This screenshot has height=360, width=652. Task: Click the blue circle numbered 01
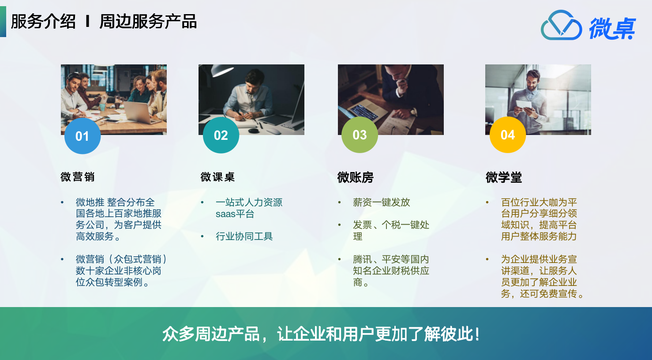point(82,136)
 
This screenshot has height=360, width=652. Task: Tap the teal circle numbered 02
point(221,135)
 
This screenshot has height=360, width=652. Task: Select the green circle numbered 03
point(360,135)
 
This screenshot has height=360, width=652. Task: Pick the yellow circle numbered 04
point(508,135)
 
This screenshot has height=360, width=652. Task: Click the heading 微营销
point(78,177)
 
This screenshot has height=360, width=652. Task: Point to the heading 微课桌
point(217,177)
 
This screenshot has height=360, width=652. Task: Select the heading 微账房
point(355,177)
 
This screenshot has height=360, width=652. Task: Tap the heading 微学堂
point(503,177)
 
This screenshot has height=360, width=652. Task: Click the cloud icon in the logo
point(561,25)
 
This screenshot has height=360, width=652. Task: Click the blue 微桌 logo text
point(612,28)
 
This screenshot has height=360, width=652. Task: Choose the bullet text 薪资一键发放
point(381,202)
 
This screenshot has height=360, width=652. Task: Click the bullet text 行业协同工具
point(244,236)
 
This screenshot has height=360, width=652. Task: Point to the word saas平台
point(235,214)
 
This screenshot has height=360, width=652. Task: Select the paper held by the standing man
point(524,105)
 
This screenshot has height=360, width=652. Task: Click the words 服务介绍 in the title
point(43,22)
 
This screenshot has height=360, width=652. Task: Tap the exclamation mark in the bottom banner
point(477,334)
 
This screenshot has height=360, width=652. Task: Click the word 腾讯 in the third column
point(362,259)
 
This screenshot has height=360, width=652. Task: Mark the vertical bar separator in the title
point(87,22)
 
